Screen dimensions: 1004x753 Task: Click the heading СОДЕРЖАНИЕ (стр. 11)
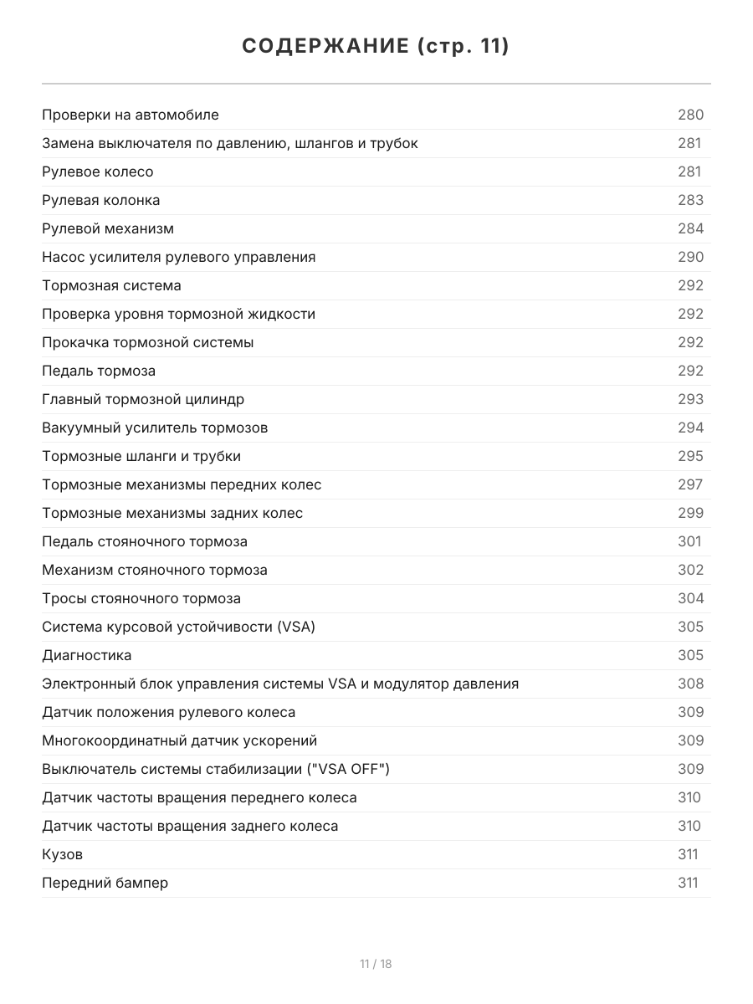[376, 46]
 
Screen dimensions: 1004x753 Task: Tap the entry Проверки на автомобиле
[131, 115]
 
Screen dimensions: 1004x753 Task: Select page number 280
[690, 115]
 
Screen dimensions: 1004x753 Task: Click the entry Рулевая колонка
[101, 200]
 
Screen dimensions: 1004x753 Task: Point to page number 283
[690, 200]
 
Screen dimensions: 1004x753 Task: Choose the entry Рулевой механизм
[108, 228]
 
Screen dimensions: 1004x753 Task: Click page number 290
[690, 257]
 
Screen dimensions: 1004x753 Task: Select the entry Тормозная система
[111, 285]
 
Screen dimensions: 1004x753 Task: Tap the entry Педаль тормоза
[99, 371]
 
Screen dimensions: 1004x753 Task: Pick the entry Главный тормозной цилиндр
[143, 399]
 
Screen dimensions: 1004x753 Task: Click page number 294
[690, 428]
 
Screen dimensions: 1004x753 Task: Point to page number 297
[690, 484]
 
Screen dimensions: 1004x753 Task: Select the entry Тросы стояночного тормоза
[141, 598]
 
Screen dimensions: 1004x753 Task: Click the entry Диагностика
[87, 655]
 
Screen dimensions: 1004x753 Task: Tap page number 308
[690, 684]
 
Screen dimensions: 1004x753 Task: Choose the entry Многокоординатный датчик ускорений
[180, 740]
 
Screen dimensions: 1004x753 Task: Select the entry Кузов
[63, 854]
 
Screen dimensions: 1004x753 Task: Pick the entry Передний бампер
[105, 883]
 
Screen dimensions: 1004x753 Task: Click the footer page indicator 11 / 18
[376, 964]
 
